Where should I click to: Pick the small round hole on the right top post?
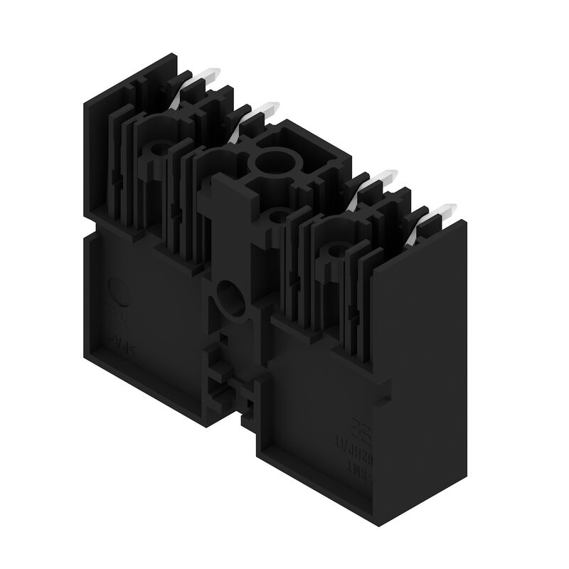335,251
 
